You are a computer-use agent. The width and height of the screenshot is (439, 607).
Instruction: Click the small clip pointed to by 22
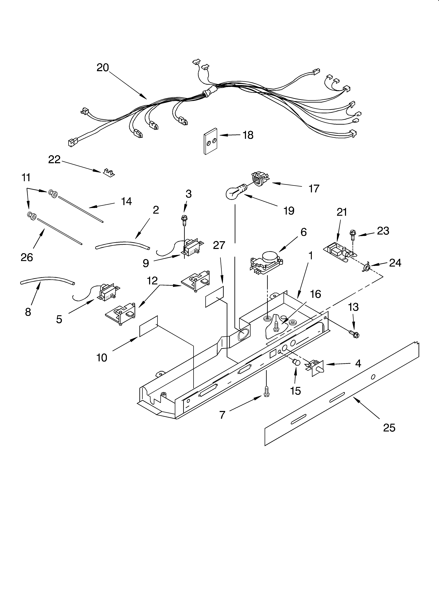[x=109, y=173]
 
